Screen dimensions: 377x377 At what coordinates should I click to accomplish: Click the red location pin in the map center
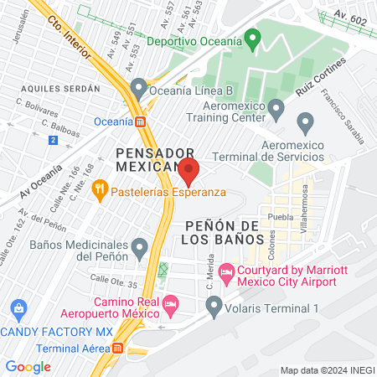pyautogui.click(x=188, y=172)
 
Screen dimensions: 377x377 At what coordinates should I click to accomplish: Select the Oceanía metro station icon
pyautogui.click(x=141, y=121)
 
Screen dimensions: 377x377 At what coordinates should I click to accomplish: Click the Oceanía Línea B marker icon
pyautogui.click(x=139, y=87)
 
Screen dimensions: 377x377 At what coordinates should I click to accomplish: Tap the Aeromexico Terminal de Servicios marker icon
pyautogui.click(x=305, y=125)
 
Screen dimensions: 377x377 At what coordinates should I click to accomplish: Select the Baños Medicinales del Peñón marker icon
pyautogui.click(x=140, y=247)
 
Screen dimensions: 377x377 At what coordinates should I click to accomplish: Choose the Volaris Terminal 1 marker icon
pyautogui.click(x=214, y=306)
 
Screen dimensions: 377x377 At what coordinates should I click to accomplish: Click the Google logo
pyautogui.click(x=28, y=366)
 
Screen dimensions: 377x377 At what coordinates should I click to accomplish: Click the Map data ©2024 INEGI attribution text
pyautogui.click(x=326, y=369)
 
